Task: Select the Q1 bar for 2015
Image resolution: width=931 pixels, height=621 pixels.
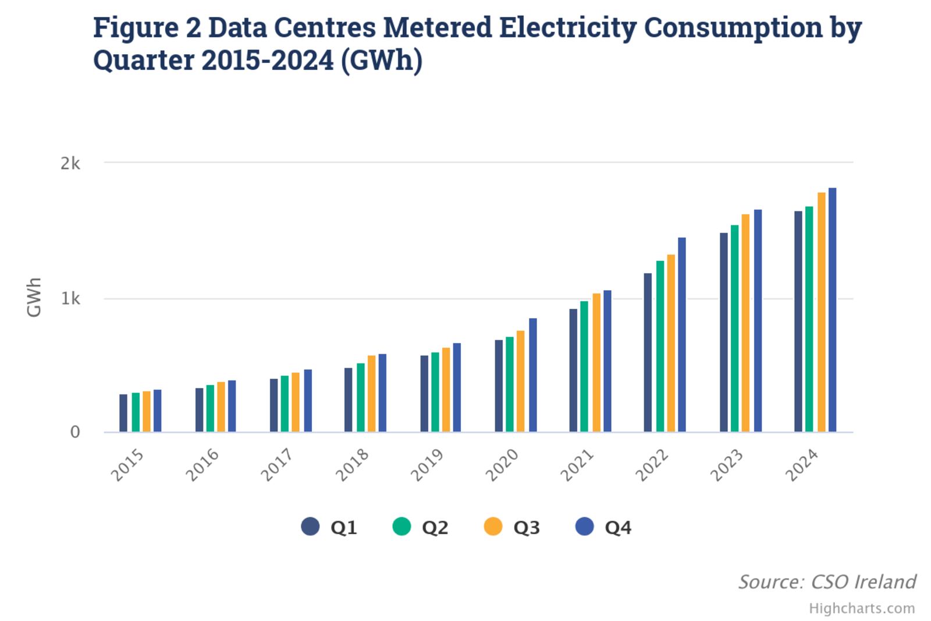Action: [x=123, y=413]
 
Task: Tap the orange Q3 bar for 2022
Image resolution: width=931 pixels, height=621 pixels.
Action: [x=671, y=343]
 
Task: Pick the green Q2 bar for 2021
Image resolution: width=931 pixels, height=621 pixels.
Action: [x=584, y=366]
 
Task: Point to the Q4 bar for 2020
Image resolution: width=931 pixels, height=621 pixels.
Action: [x=532, y=375]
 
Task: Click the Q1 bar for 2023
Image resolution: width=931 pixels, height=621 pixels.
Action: [x=723, y=332]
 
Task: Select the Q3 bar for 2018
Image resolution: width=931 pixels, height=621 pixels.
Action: [x=371, y=393]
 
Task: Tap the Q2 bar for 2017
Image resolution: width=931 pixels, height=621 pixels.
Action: [x=285, y=404]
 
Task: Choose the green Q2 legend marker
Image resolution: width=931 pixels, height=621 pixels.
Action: [x=402, y=527]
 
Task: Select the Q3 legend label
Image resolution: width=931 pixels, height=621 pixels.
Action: [x=526, y=527]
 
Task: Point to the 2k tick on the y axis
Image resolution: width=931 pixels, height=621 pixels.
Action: [x=70, y=164]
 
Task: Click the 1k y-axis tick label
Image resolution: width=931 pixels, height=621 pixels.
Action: [x=70, y=299]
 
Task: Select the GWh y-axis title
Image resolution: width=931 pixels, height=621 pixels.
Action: [x=34, y=298]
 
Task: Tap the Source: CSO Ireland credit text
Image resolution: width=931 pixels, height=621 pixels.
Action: [x=826, y=581]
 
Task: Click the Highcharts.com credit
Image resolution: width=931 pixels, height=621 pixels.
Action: [x=861, y=609]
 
